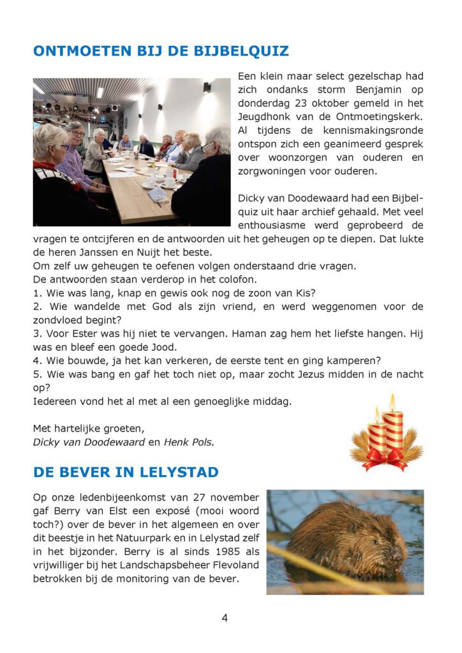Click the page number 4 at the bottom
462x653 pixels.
pos(225,617)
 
